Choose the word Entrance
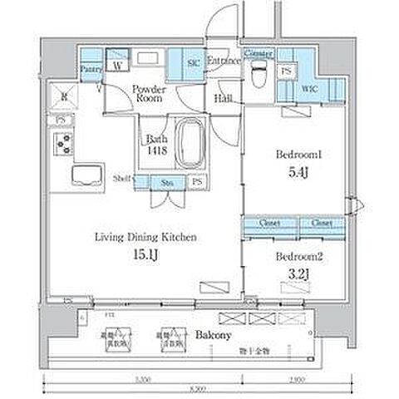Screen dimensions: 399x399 coord(224,61)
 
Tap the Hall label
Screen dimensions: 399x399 coord(223,98)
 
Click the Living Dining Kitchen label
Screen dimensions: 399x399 coord(144,238)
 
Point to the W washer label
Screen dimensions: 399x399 coord(118,64)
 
